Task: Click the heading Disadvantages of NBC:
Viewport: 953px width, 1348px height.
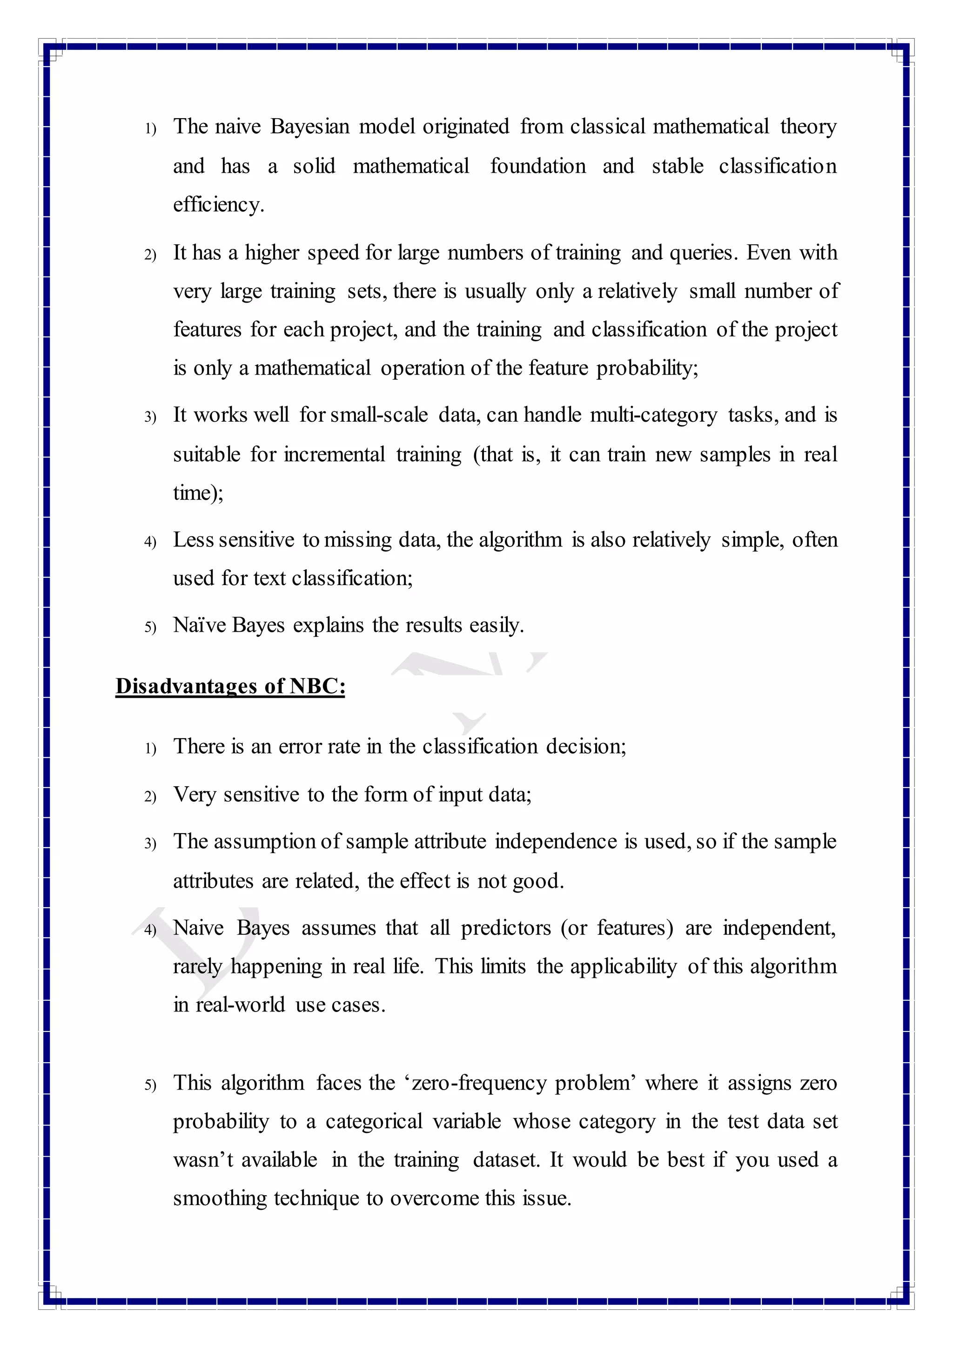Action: click(230, 686)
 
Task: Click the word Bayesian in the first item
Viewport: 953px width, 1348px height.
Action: click(310, 127)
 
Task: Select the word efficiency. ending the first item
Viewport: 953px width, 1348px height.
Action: click(218, 205)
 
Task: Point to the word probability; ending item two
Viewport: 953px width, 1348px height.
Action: click(647, 368)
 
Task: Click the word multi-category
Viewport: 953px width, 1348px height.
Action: click(653, 415)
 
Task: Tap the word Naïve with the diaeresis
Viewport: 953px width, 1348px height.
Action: click(199, 625)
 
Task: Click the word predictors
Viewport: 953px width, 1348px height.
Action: click(505, 928)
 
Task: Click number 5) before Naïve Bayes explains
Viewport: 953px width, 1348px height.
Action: click(150, 627)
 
